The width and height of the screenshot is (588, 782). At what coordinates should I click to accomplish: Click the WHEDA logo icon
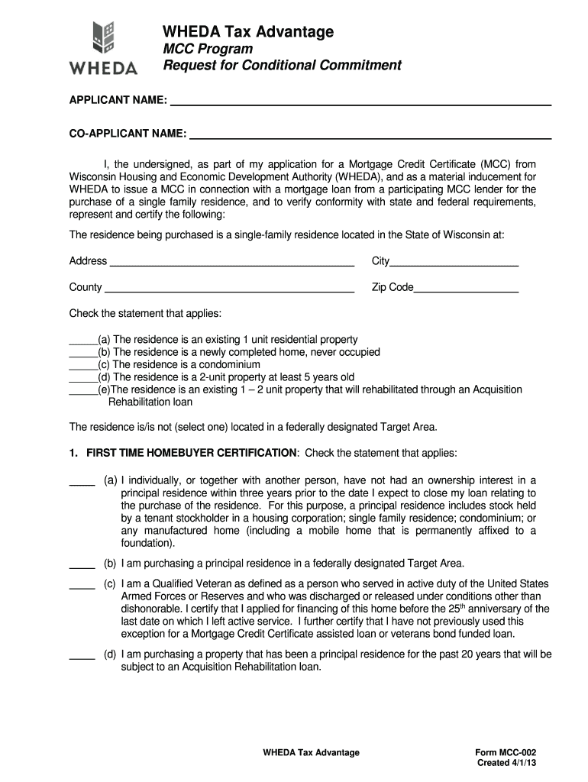pyautogui.click(x=104, y=37)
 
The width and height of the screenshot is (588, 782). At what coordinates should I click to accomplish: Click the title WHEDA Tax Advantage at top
pyautogui.click(x=248, y=31)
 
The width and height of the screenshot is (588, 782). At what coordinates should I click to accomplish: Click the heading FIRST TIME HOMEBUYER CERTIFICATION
pyautogui.click(x=191, y=453)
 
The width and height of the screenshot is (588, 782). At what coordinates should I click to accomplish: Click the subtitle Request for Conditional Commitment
pyautogui.click(x=283, y=66)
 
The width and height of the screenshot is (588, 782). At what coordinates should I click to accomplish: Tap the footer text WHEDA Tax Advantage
pyautogui.click(x=311, y=752)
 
